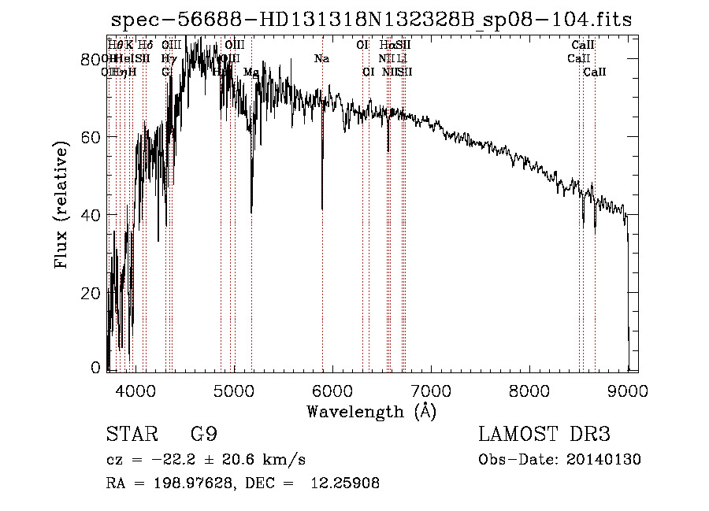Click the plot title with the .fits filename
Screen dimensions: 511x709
tap(371, 20)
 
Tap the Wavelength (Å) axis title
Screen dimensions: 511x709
tap(371, 411)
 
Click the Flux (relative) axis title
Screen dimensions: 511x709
tap(62, 205)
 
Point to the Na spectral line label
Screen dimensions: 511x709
tap(321, 59)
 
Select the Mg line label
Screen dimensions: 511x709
tap(251, 72)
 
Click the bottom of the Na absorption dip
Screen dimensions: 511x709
tap(322, 209)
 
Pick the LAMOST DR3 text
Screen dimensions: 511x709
tap(544, 435)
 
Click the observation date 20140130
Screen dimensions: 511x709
tap(602, 460)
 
